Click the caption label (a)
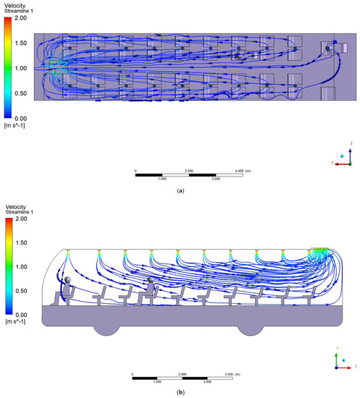coord(179,192)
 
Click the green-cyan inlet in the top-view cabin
coord(56,69)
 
